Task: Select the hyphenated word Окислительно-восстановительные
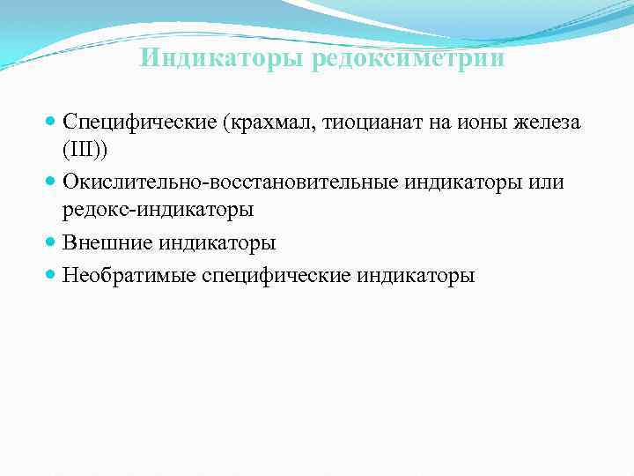click(230, 182)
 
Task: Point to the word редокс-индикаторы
click(158, 210)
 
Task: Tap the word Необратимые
click(129, 275)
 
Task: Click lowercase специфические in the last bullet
click(276, 275)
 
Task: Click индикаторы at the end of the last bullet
click(417, 275)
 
